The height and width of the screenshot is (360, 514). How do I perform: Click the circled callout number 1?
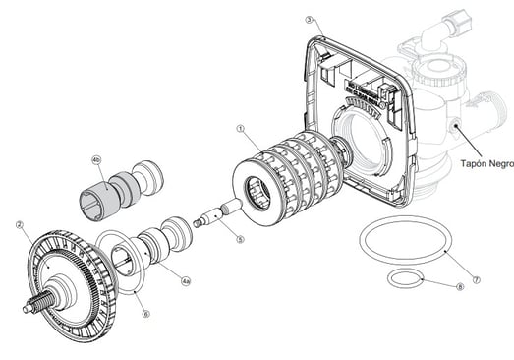[x=241, y=129]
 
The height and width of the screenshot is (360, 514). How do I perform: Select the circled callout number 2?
[x=20, y=225]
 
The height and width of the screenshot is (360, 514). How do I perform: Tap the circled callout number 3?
[x=310, y=20]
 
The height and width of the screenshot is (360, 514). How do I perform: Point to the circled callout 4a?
[x=186, y=281]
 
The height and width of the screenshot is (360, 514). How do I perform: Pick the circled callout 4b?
[x=96, y=160]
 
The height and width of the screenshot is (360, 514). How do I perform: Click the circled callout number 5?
[x=240, y=240]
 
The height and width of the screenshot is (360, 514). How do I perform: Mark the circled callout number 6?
[x=145, y=314]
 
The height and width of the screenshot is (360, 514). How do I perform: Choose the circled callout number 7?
[x=477, y=280]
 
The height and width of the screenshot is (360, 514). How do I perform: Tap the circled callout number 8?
[x=460, y=287]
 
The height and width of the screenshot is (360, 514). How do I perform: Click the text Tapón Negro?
[x=487, y=163]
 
